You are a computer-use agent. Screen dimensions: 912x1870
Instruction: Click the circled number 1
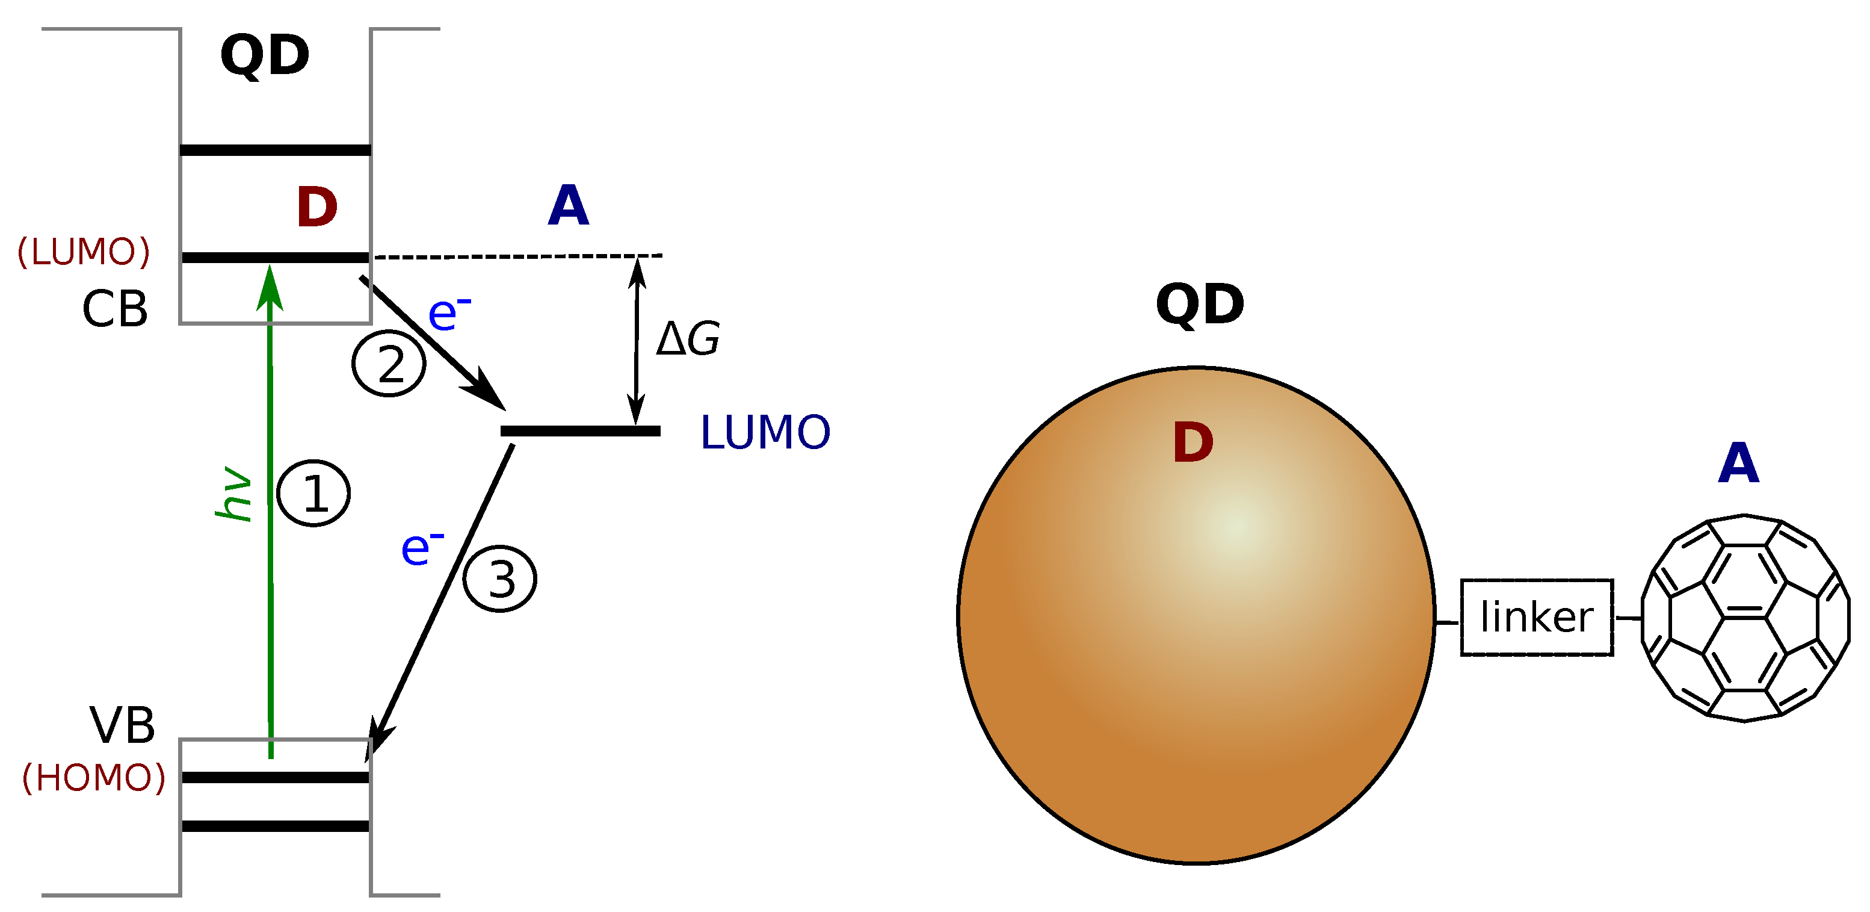point(313,493)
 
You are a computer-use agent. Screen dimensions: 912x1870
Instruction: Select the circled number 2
point(389,364)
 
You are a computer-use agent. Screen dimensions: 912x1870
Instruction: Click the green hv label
point(233,494)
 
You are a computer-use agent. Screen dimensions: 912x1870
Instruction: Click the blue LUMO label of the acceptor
point(765,433)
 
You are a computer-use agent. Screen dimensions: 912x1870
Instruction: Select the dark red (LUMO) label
point(84,252)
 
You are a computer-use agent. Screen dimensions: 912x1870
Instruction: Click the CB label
point(115,309)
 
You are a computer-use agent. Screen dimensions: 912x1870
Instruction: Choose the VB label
point(122,725)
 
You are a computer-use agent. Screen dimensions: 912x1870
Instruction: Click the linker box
point(1537,618)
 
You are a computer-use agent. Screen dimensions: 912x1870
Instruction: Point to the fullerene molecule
point(1744,618)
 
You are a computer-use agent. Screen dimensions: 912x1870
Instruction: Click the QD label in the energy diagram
point(265,55)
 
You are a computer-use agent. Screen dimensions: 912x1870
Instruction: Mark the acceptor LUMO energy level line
point(580,431)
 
